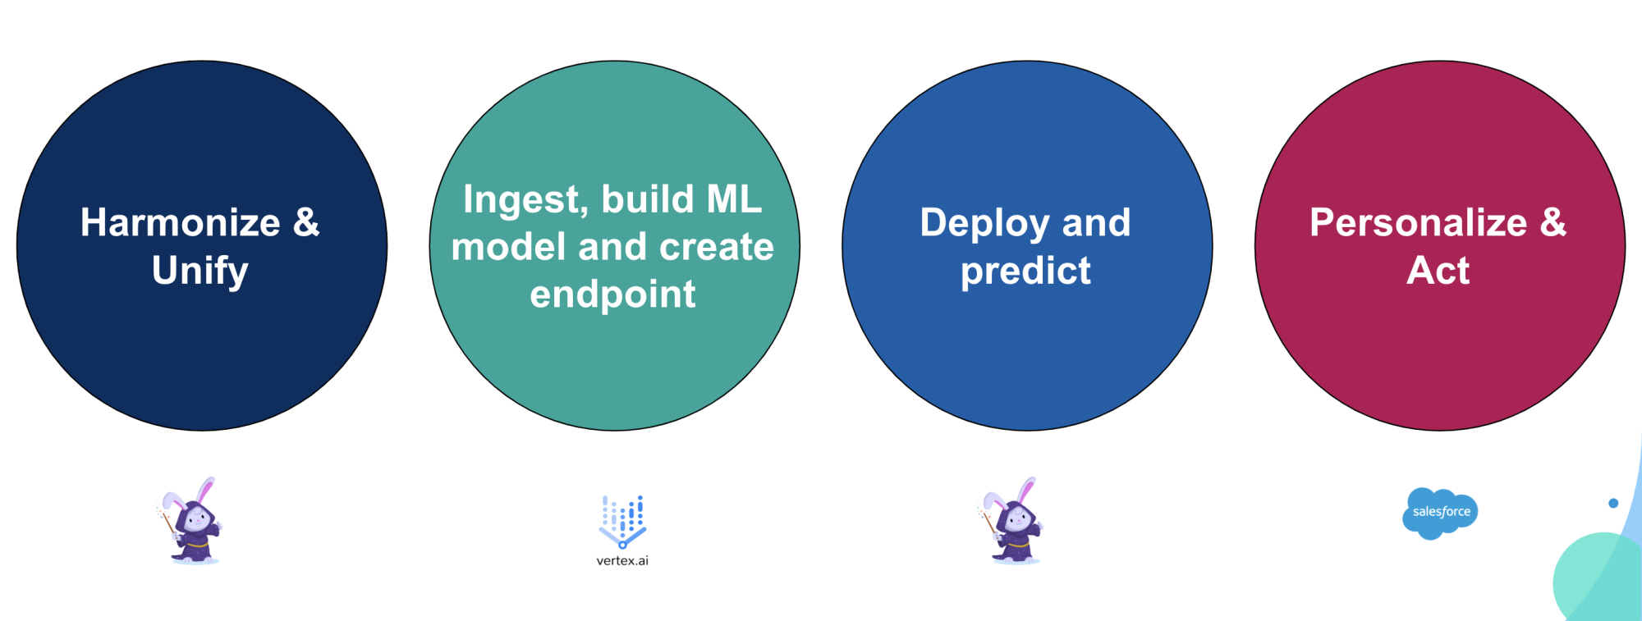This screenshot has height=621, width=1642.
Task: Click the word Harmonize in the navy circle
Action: [181, 222]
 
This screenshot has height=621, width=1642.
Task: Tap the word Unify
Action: [200, 271]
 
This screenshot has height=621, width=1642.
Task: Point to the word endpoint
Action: [612, 295]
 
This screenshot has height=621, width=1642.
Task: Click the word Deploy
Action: [984, 224]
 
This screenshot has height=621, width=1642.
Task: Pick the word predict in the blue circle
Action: [1025, 272]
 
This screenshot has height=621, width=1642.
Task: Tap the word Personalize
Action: [1418, 222]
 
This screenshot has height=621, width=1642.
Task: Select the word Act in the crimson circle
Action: [1438, 270]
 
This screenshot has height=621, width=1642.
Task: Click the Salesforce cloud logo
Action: [1440, 513]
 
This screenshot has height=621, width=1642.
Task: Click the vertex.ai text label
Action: [622, 561]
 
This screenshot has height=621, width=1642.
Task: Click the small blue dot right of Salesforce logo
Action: [1613, 503]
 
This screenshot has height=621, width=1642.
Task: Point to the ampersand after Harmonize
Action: [306, 222]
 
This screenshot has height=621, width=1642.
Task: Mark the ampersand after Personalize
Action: [1553, 222]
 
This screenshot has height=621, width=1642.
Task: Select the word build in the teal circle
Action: [648, 199]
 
